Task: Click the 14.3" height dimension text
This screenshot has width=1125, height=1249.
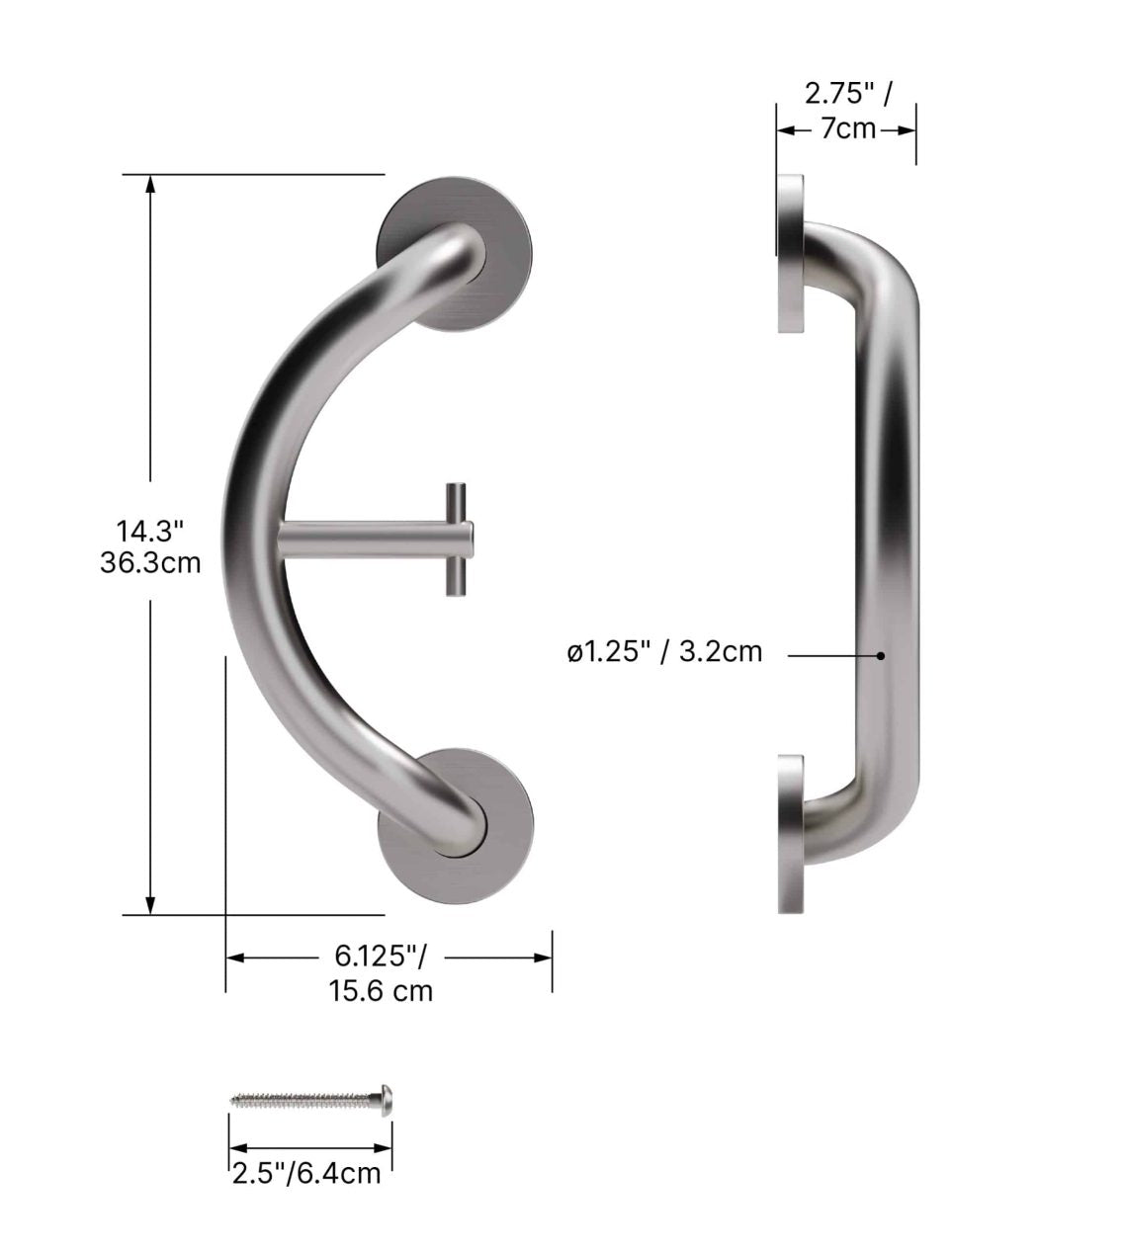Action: [149, 531]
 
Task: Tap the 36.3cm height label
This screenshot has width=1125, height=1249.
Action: [149, 562]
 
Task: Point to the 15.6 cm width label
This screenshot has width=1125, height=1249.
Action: [381, 989]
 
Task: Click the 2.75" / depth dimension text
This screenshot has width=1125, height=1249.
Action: [847, 95]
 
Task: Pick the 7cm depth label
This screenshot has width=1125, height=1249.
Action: [847, 128]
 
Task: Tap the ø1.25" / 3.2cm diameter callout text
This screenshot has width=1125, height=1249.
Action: [664, 652]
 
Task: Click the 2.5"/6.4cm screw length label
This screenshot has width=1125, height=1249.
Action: [305, 1173]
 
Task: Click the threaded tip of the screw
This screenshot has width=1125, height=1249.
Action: [237, 1097]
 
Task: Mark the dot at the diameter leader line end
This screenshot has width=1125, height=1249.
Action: [880, 654]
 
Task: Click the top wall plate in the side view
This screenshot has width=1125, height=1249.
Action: [790, 254]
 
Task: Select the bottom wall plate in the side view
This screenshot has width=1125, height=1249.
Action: [790, 834]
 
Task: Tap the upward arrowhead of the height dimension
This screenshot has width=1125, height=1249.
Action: [150, 184]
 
